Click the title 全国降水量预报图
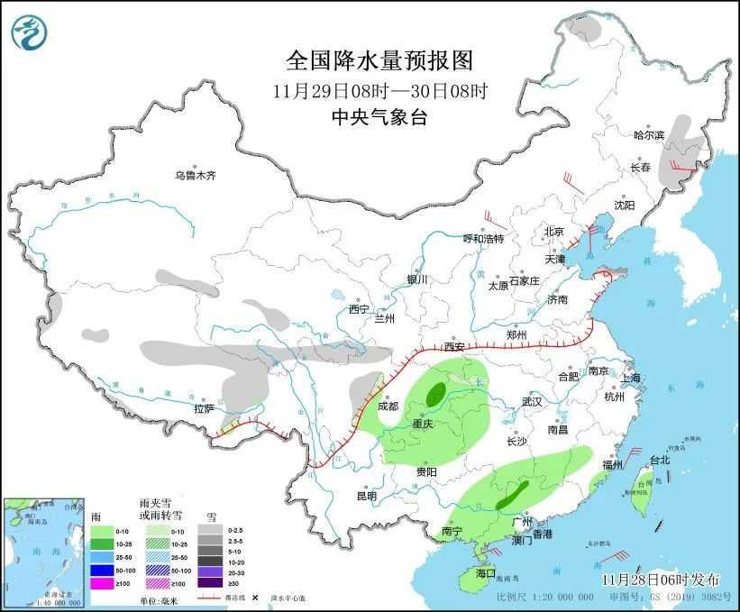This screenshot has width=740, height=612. coord(379,61)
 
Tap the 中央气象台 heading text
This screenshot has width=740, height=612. coord(379,116)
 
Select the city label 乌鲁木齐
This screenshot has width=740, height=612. coord(196,175)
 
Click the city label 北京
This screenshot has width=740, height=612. coord(553,232)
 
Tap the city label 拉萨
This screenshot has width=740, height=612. coord(203,408)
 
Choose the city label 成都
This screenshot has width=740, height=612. coord(388,406)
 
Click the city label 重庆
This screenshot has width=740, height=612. coord(423,424)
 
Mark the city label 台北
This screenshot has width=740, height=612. coord(659,460)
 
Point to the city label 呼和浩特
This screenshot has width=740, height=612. coord(483,239)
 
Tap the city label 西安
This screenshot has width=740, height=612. coord(454,347)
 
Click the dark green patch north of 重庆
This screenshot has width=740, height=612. coord(436,393)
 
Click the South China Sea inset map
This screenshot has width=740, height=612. coord(44,550)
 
